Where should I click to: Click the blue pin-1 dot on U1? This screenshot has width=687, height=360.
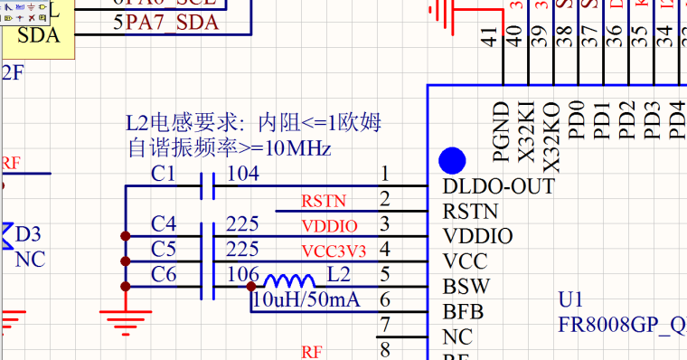pos(452,161)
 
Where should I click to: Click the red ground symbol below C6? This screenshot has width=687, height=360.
pos(124,318)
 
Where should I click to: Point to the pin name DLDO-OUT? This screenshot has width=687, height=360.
pos(499,186)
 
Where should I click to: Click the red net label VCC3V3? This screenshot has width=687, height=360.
pos(334,250)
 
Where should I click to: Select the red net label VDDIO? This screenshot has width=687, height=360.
pos(329,225)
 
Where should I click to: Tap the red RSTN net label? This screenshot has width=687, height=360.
pos(324,201)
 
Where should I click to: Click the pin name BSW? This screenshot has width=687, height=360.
pos(466,287)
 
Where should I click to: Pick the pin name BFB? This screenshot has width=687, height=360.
pos(464,312)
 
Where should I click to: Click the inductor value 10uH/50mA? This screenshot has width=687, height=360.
pos(306,299)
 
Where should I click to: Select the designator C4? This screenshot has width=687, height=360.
pos(164,223)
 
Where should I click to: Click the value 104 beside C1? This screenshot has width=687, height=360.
pos(242,174)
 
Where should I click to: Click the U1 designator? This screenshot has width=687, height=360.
pos(572,299)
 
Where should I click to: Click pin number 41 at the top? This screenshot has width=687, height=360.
pos(489,37)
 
